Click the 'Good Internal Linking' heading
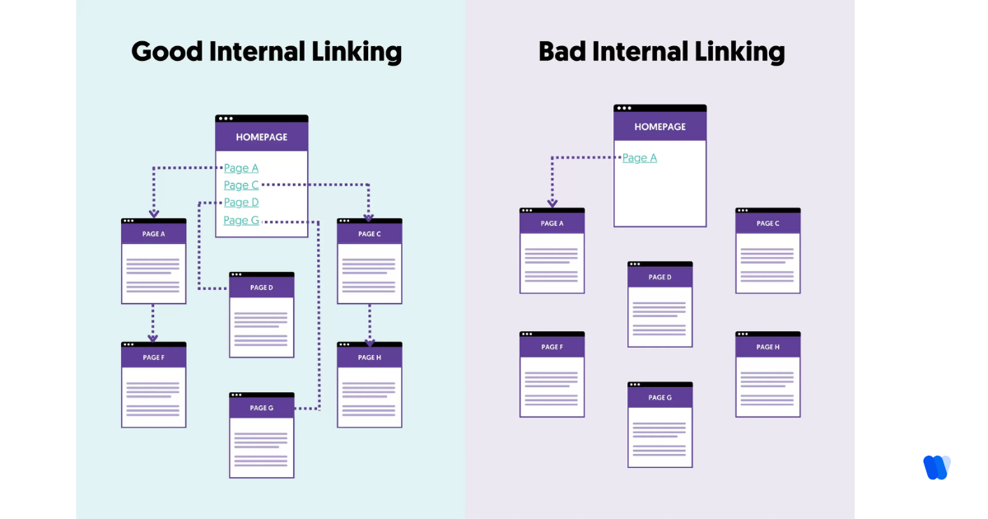point(266,52)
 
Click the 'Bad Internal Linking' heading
point(661,52)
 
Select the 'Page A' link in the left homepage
point(241,168)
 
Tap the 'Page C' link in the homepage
point(241,185)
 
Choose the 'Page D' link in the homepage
point(241,203)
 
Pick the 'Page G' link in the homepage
point(241,220)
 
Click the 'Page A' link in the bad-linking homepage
point(640,158)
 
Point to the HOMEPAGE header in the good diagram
point(262,137)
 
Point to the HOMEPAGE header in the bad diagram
point(659,127)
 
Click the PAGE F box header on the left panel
point(153,358)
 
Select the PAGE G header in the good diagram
point(261,408)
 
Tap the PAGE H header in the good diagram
point(370,358)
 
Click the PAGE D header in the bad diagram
point(659,277)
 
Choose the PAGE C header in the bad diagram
point(767,223)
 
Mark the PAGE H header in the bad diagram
point(767,347)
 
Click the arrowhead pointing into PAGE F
point(153,338)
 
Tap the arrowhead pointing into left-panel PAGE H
point(370,341)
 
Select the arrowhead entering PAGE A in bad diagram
point(552,203)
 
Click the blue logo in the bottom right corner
point(937,467)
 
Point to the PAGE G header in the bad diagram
point(659,397)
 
